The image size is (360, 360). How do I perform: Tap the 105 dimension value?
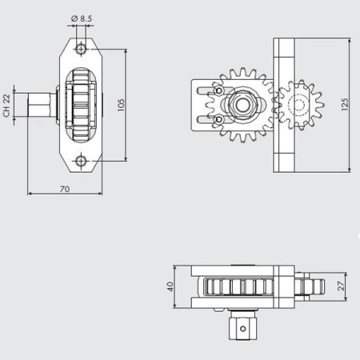pos(120,105)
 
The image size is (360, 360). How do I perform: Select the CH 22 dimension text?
pos(6,104)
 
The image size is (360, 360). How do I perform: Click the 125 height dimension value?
pos(345,104)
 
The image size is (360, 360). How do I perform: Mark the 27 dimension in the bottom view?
pos(341,286)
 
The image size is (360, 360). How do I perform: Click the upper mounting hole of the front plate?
pos(81,49)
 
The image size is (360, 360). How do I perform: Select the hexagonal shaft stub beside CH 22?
pos(40,104)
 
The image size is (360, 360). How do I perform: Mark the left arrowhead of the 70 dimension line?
pos(30,194)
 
